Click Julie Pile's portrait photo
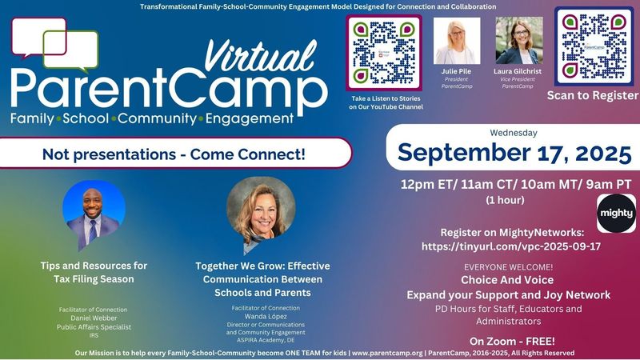[457, 41]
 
